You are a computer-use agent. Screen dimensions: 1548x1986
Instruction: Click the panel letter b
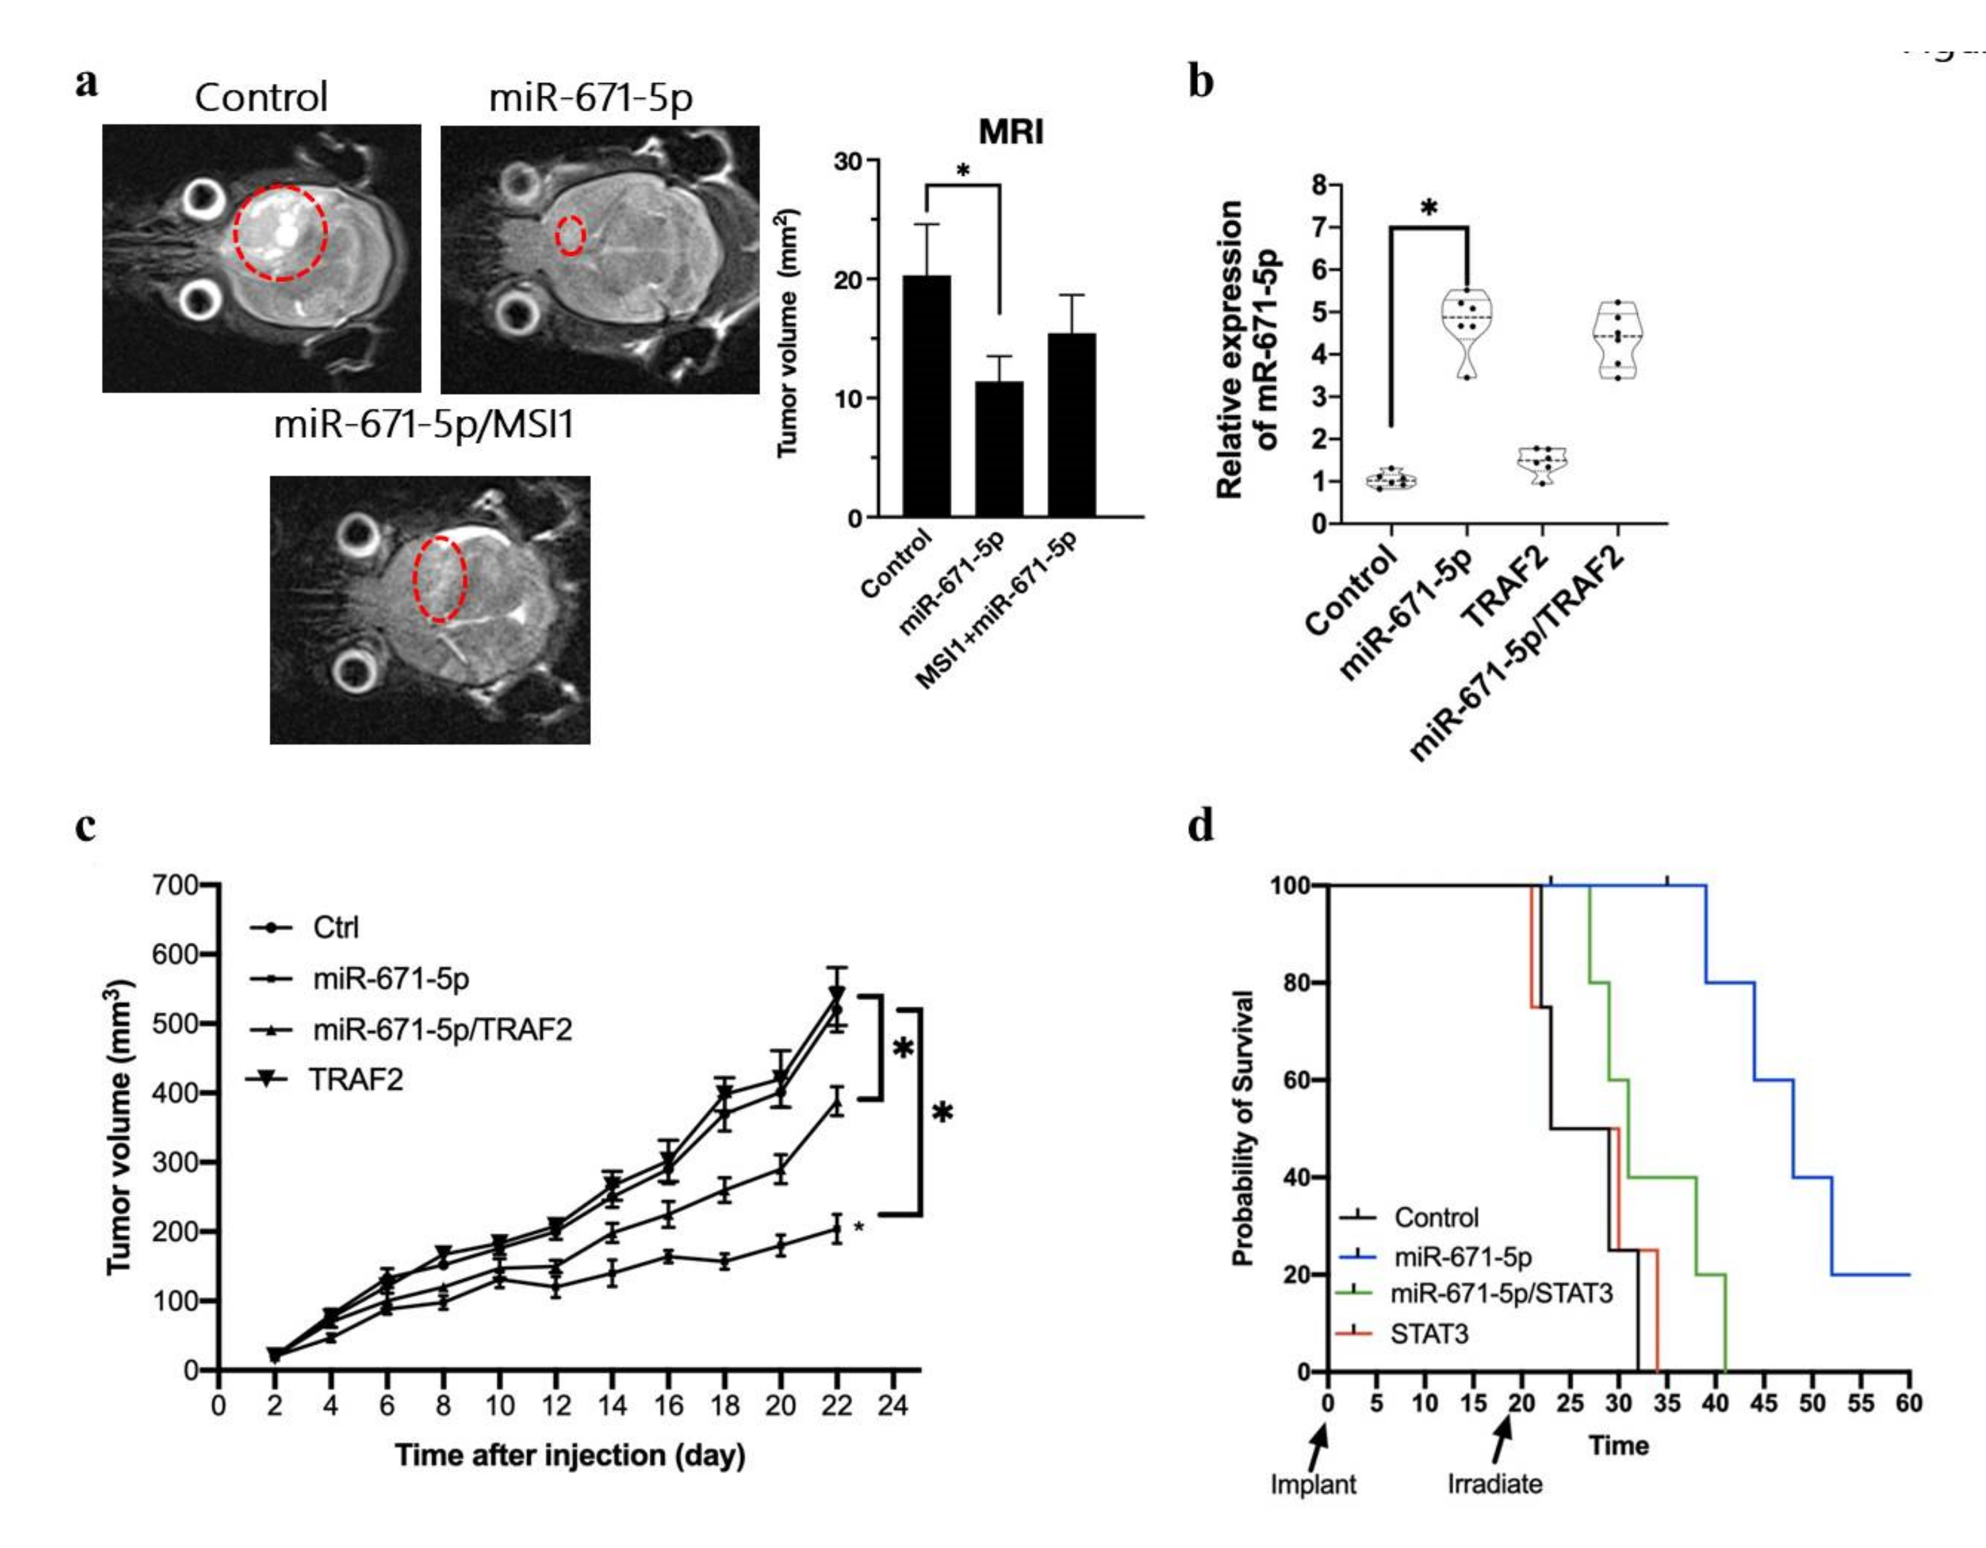pos(1202,83)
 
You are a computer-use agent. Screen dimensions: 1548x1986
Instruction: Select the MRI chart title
pos(1010,133)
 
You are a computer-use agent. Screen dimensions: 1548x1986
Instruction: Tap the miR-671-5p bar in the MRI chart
pos(1000,449)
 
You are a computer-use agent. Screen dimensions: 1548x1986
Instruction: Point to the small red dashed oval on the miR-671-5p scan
pos(570,235)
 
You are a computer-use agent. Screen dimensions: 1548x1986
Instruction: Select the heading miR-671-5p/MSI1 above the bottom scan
pos(424,424)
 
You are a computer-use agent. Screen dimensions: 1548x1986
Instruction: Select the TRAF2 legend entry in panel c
pos(355,1079)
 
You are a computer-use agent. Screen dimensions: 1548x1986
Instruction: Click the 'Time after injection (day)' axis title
pos(569,1455)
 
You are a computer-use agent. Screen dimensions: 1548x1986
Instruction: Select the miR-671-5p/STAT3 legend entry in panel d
pos(1501,1293)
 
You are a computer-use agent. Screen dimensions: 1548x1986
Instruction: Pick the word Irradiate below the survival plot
pos(1495,1485)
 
